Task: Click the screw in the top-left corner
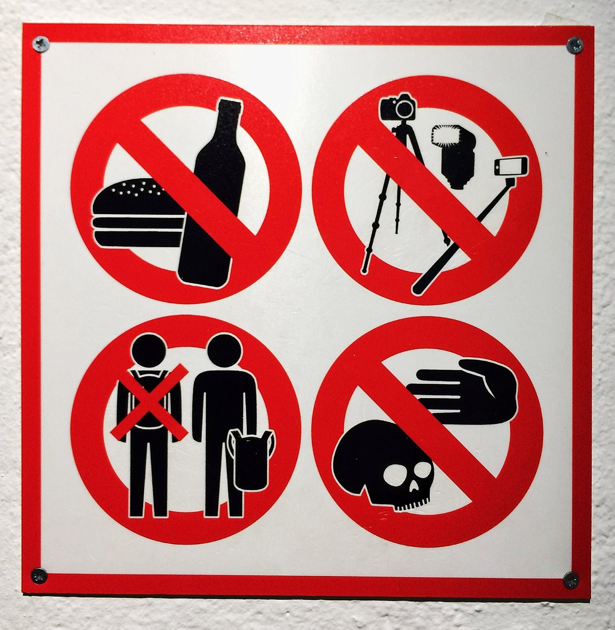pyautogui.click(x=41, y=44)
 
